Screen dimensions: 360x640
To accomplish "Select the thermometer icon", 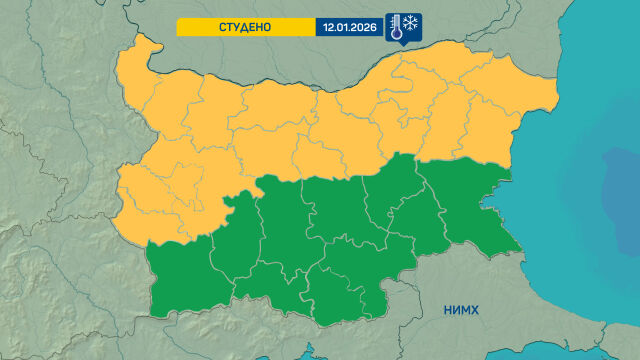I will pos(396,27).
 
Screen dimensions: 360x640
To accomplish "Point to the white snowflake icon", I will pos(411,23).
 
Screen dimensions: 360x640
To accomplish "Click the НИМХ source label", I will pos(461,310).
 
